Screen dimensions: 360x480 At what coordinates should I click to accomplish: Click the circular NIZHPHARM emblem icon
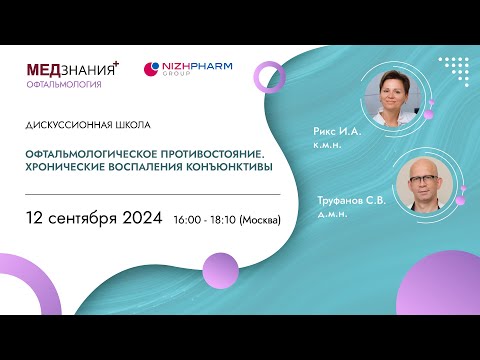point(153,69)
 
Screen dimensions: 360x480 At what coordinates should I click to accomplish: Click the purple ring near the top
point(269,77)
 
